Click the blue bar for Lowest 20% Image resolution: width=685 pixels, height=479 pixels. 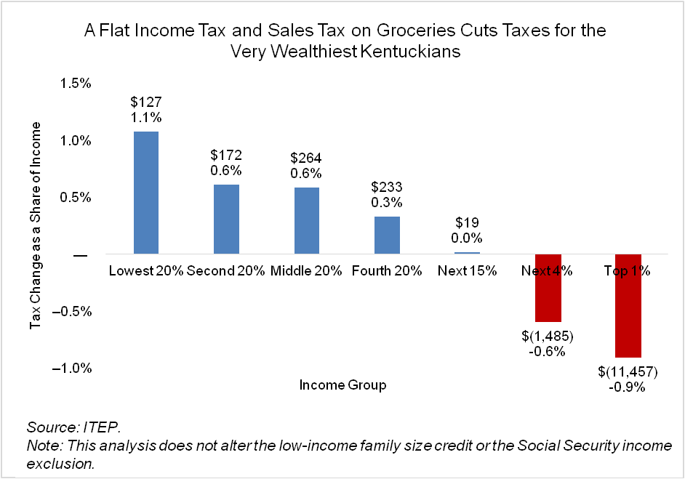[x=146, y=192]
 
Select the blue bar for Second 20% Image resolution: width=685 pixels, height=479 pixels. [x=226, y=219]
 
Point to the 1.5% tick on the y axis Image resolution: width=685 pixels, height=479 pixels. [x=76, y=84]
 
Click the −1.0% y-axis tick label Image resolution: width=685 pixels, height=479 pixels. [x=73, y=369]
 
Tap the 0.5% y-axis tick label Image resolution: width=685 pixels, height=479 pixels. [x=76, y=198]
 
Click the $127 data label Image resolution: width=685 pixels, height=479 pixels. [x=146, y=101]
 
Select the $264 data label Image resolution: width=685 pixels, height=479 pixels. [x=306, y=158]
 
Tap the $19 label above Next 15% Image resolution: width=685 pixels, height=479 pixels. [x=467, y=223]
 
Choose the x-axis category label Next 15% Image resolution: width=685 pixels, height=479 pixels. [x=467, y=271]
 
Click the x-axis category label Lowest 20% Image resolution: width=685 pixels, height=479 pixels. [x=146, y=271]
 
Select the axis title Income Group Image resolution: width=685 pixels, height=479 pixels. [x=342, y=385]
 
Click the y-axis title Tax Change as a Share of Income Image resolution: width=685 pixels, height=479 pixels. [x=36, y=225]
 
